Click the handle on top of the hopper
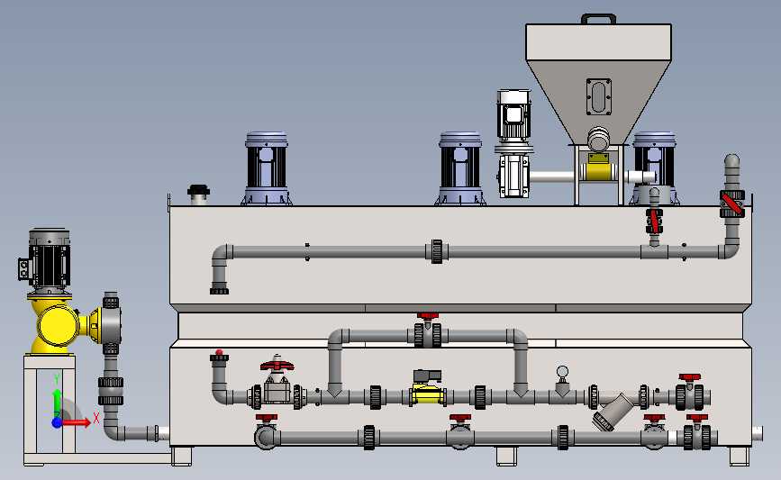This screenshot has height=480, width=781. (598, 19)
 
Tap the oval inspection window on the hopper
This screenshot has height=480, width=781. (599, 96)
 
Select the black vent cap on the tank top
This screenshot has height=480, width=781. (198, 191)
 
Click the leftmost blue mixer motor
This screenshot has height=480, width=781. (267, 168)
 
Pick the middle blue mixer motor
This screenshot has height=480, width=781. (460, 168)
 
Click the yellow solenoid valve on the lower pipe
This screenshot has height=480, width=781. (427, 387)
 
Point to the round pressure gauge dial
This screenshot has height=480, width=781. (562, 371)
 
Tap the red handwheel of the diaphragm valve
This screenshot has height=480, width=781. (277, 365)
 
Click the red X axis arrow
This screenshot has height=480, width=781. (76, 422)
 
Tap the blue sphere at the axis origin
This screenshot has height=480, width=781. (58, 422)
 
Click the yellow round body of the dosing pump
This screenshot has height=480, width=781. (59, 326)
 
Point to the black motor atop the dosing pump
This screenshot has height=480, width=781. (45, 261)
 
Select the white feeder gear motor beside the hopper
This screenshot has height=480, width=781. (513, 143)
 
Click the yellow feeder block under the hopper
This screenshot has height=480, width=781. (598, 168)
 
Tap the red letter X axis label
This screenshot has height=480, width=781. (96, 418)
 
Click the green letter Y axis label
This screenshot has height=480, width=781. (57, 379)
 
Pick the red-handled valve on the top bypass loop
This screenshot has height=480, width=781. (428, 331)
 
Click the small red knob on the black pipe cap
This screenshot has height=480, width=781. (219, 352)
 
